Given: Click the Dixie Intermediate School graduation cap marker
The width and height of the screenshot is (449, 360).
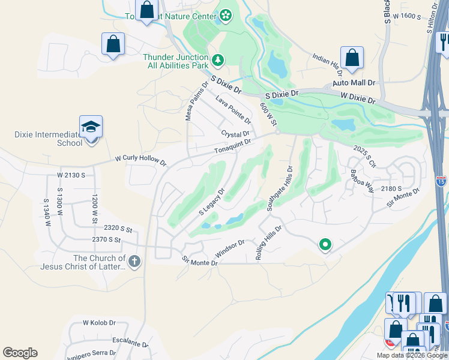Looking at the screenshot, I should (x=91, y=127).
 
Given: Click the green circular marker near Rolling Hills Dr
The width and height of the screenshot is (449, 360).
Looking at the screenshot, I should (x=325, y=244).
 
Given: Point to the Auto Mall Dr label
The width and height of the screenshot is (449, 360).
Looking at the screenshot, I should (x=354, y=83).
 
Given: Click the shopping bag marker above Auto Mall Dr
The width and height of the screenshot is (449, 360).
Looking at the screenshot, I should (x=352, y=58).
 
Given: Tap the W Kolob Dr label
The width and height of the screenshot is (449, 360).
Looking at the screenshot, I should (x=98, y=323).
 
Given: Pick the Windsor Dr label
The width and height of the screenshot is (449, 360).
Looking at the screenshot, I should (x=230, y=248).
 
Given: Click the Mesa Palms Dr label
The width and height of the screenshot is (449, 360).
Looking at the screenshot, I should (x=196, y=100).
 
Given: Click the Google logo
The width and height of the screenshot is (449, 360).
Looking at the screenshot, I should (x=20, y=353).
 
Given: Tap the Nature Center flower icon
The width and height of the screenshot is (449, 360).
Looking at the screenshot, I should (x=226, y=16).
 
